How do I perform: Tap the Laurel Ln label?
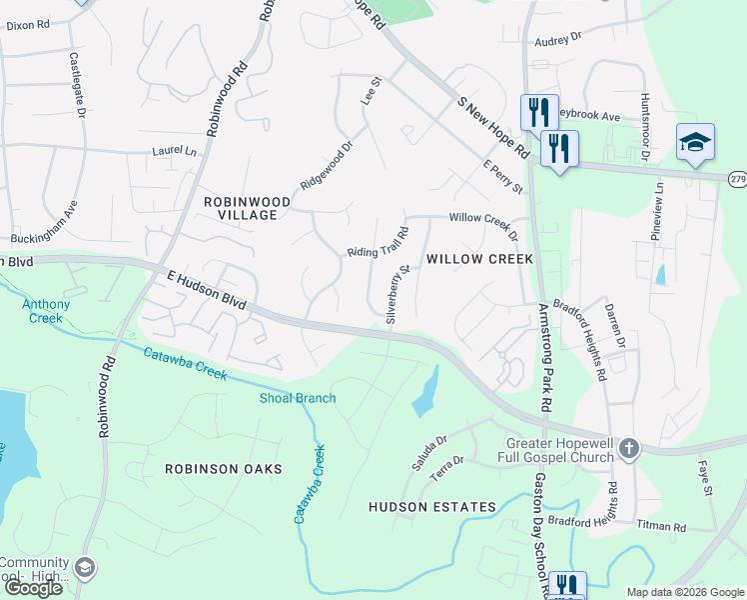click(175, 152)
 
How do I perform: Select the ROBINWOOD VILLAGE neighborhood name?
click(247, 208)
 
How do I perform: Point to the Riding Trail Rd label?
click(378, 243)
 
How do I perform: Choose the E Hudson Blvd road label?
click(207, 291)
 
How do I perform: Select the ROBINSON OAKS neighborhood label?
click(224, 468)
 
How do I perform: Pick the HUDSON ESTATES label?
click(432, 507)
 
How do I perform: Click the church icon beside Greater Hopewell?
click(628, 448)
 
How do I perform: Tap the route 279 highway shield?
click(737, 179)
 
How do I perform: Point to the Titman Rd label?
click(692, 527)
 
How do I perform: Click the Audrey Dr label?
click(557, 39)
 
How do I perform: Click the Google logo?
click(33, 588)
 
